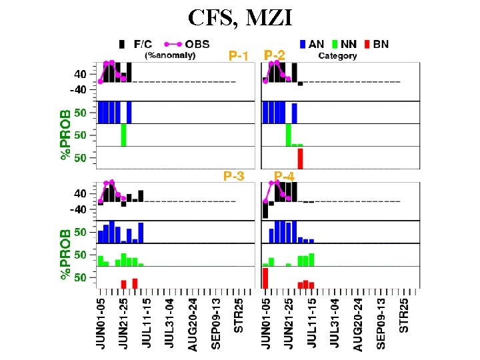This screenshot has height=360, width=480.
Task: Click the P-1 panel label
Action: click(x=238, y=56)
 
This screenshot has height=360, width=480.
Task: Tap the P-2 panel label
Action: click(x=275, y=55)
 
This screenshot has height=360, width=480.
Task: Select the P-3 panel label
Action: click(x=233, y=177)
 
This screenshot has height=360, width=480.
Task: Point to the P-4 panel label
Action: click(x=284, y=177)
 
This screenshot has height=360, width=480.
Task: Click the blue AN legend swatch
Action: click(x=303, y=45)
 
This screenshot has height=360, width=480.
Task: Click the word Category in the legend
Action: click(x=337, y=56)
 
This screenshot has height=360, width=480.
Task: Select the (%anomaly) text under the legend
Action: click(x=171, y=55)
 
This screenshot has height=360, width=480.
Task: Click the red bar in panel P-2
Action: click(x=300, y=158)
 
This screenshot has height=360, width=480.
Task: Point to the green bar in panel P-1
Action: click(x=123, y=135)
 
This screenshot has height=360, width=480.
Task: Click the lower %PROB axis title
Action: click(x=66, y=255)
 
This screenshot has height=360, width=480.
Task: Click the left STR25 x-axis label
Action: click(x=239, y=317)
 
